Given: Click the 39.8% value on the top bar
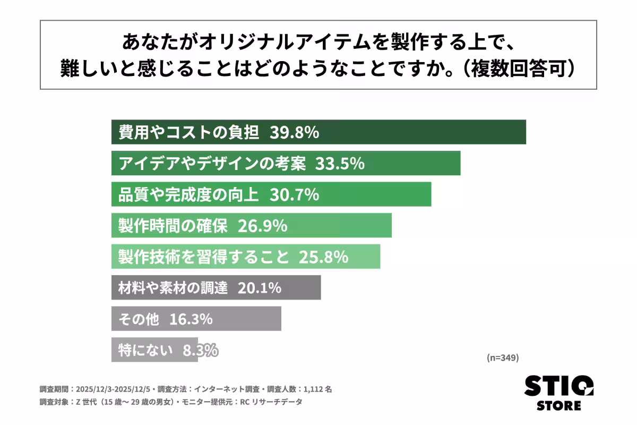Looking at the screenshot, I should point(294,132).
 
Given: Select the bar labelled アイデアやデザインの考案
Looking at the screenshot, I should point(286,163).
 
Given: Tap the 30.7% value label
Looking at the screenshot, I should point(294,194).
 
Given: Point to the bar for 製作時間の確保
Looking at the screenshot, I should point(251,226).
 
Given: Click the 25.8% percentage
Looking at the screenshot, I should point(324,257).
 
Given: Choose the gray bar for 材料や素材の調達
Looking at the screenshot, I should point(216,288).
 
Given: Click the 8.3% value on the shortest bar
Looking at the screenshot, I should point(200,350).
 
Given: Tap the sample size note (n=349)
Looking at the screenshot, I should point(502,358).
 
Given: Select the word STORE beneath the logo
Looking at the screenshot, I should point(558,406).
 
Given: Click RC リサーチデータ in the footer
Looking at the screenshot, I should point(271,402).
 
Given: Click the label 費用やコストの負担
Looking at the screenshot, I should point(188,132).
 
